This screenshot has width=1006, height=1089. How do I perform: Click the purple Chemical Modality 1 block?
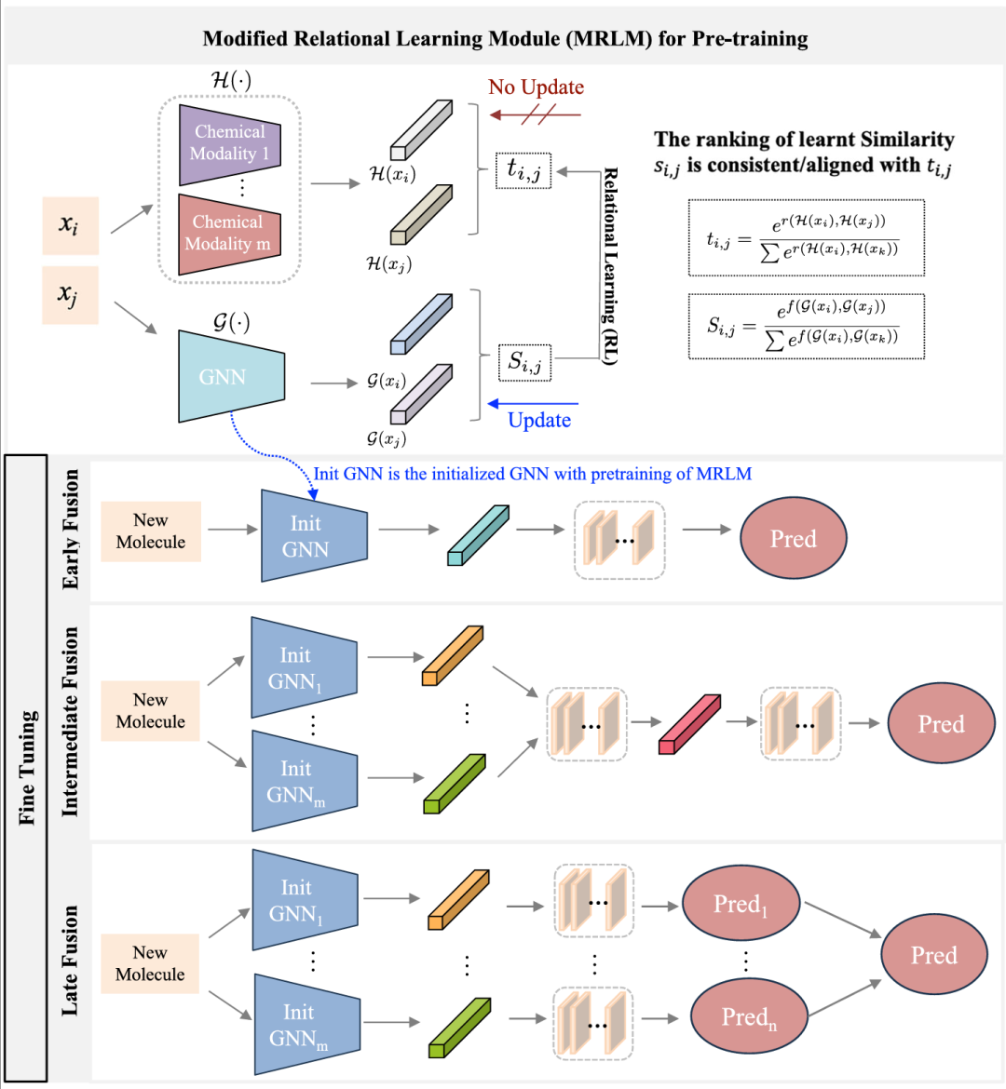(229, 143)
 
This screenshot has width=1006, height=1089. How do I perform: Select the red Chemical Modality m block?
(228, 233)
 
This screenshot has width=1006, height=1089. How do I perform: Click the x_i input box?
(70, 224)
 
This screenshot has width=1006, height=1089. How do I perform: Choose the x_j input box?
(70, 295)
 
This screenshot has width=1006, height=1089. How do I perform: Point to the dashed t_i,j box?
(523, 169)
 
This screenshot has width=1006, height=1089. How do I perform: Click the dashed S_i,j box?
(524, 362)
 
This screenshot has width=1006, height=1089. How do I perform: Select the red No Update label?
(536, 87)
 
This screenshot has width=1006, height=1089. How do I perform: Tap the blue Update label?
(538, 420)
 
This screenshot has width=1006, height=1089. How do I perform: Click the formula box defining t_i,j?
(806, 237)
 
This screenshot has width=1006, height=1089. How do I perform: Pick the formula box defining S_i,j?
(806, 326)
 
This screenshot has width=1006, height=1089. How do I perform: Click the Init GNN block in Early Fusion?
(312, 536)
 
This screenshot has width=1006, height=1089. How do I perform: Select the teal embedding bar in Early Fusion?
(478, 535)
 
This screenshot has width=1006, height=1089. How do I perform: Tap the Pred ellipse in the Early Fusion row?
(793, 538)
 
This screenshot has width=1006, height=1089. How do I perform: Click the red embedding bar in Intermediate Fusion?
(689, 724)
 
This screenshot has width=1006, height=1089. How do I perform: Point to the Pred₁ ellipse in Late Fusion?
(740, 904)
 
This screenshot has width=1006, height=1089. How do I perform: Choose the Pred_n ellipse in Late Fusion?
(748, 1017)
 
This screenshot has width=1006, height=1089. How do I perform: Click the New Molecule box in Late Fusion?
(150, 963)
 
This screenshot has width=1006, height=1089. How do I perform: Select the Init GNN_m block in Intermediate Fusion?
(303, 781)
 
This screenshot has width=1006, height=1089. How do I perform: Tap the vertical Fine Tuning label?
(27, 768)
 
